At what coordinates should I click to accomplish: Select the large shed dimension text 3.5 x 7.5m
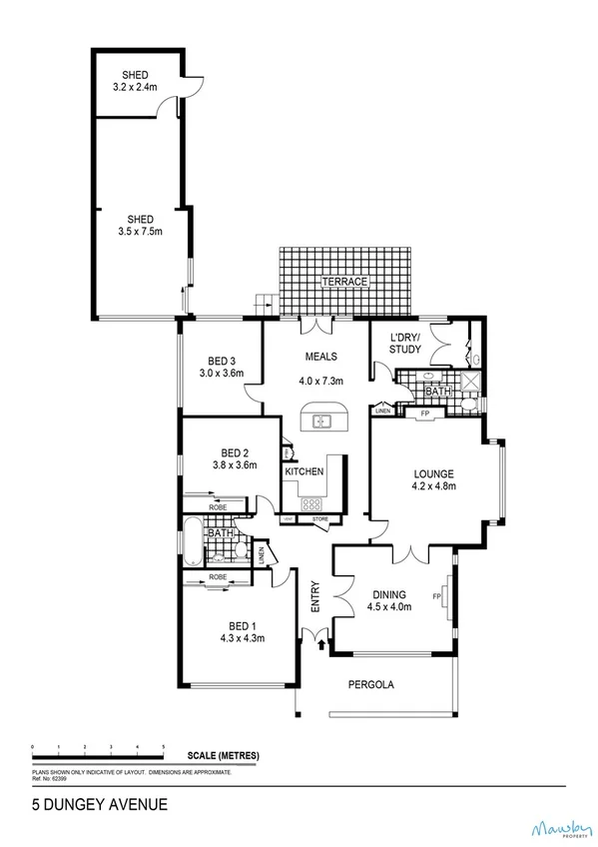[140, 232]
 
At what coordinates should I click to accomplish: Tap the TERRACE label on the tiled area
[344, 283]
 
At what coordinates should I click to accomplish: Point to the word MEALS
[320, 357]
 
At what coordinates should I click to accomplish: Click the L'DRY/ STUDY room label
[404, 343]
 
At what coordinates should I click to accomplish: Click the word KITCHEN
[303, 471]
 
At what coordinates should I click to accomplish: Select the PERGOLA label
[371, 685]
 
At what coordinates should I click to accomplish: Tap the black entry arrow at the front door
[320, 646]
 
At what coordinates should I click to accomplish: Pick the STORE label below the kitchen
[319, 519]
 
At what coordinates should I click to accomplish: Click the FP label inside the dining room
[436, 597]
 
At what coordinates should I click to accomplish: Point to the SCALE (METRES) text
[223, 756]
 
